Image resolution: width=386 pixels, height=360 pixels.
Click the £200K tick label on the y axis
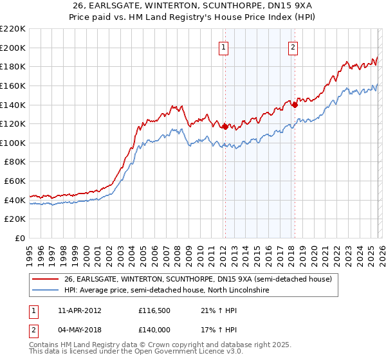13,48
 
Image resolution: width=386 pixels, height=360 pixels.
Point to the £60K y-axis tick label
15,181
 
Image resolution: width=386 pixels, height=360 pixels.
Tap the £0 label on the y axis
20,239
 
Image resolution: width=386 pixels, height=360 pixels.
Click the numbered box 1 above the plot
223,46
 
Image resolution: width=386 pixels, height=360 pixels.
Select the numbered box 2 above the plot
293,46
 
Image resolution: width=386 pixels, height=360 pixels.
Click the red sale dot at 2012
225,127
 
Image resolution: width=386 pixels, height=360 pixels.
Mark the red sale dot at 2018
294,105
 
